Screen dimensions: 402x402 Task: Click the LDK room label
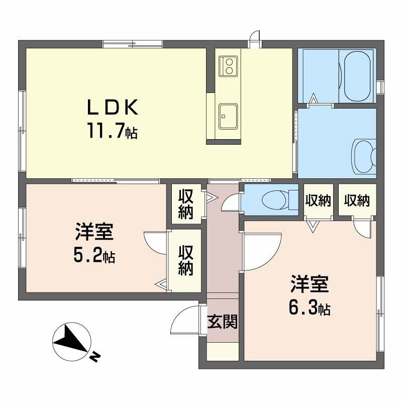coord(113,107)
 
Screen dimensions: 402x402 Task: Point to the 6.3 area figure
coord(309,308)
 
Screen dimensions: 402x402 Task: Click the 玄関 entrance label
coord(222,322)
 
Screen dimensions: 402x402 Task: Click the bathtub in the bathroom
coord(357,75)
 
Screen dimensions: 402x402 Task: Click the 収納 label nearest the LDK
coord(186,204)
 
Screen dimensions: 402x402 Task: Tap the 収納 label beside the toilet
coord(318,201)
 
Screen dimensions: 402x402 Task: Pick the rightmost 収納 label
coord(357,200)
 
